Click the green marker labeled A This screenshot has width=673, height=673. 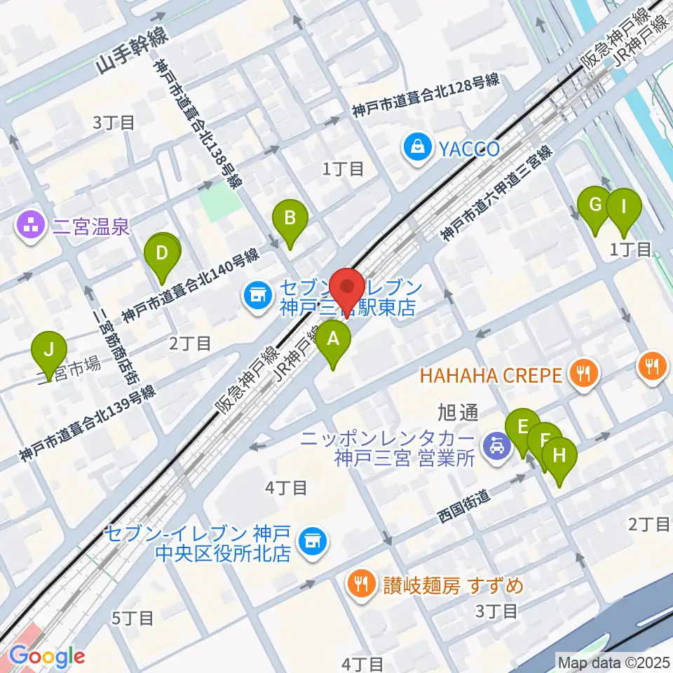[x=334, y=341]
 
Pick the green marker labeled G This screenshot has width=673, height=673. [x=594, y=205]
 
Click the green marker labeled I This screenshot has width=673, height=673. [x=623, y=208]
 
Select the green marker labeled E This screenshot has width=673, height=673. [x=522, y=428]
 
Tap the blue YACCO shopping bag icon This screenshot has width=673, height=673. [x=418, y=149]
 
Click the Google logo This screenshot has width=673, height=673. [x=48, y=656]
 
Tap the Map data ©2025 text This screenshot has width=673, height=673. [x=613, y=661]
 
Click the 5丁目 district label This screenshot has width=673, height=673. [x=132, y=618]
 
